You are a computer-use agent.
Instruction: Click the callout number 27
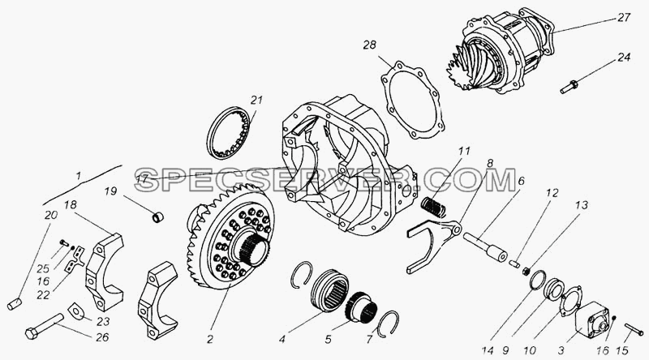point(622,18)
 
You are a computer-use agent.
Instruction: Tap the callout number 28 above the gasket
point(370,45)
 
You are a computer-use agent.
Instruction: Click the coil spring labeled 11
point(433,208)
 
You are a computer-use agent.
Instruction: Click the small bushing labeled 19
point(157,216)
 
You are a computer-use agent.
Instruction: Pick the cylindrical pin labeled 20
point(14,304)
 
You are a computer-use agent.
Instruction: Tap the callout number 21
point(256,101)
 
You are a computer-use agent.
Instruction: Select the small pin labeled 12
point(514,263)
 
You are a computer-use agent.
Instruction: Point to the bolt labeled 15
point(634,328)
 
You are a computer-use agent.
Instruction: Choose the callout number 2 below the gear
point(210,340)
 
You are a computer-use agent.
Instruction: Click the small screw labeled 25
point(64,243)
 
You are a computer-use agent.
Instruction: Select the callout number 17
point(141,180)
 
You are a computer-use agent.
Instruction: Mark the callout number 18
point(71,205)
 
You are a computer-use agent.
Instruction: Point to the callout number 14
point(488,351)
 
